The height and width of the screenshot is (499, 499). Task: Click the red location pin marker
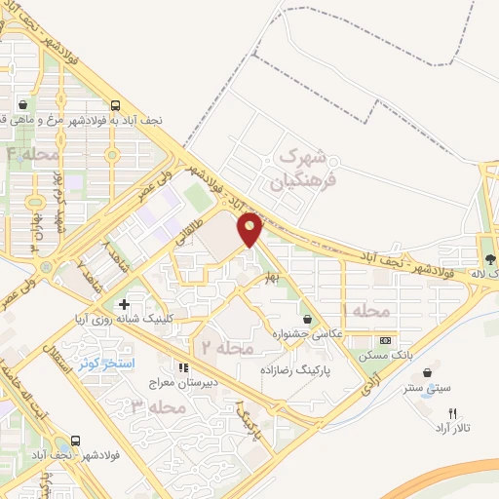tap(250, 228)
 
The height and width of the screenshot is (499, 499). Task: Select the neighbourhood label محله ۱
tap(365, 310)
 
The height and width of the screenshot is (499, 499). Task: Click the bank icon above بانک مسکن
tap(385, 340)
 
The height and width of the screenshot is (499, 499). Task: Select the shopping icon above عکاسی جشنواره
tap(309, 319)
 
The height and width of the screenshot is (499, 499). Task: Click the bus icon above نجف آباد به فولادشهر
tap(116, 106)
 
